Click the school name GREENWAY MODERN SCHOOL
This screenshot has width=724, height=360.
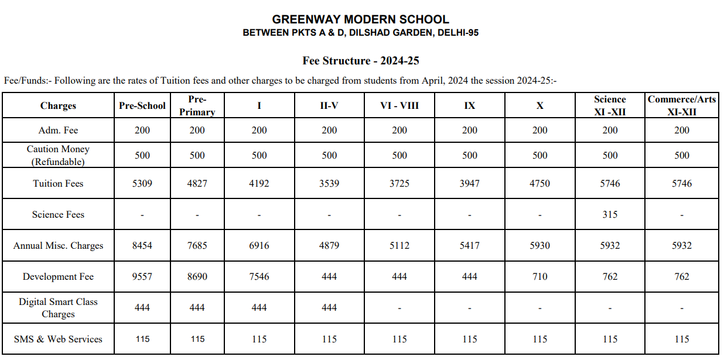coord(360,19)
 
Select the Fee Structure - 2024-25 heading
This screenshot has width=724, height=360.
coord(360,61)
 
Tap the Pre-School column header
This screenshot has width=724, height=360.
coord(142,106)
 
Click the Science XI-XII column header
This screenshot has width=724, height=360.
coord(610,105)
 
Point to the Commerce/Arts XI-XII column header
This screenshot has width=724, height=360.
coord(681,105)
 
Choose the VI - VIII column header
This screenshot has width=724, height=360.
coord(399,106)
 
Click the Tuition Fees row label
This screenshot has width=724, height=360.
coord(58,184)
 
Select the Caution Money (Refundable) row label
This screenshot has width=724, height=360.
coord(58,155)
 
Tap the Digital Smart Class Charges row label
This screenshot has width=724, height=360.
coord(58,308)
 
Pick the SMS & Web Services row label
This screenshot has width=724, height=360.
coord(58,340)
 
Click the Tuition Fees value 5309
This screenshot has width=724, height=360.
coord(142,184)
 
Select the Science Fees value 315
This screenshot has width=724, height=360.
coord(610,215)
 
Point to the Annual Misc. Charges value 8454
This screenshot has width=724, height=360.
coord(142,246)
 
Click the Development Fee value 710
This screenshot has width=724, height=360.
coord(539,277)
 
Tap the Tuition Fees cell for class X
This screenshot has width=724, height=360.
coord(539,184)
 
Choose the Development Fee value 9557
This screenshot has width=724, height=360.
coord(142,277)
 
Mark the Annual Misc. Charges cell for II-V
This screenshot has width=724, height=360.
coord(329,246)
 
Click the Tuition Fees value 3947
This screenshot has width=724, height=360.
coord(469,184)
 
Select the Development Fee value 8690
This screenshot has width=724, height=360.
coord(197,277)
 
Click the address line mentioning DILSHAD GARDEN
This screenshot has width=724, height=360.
coord(360,33)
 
